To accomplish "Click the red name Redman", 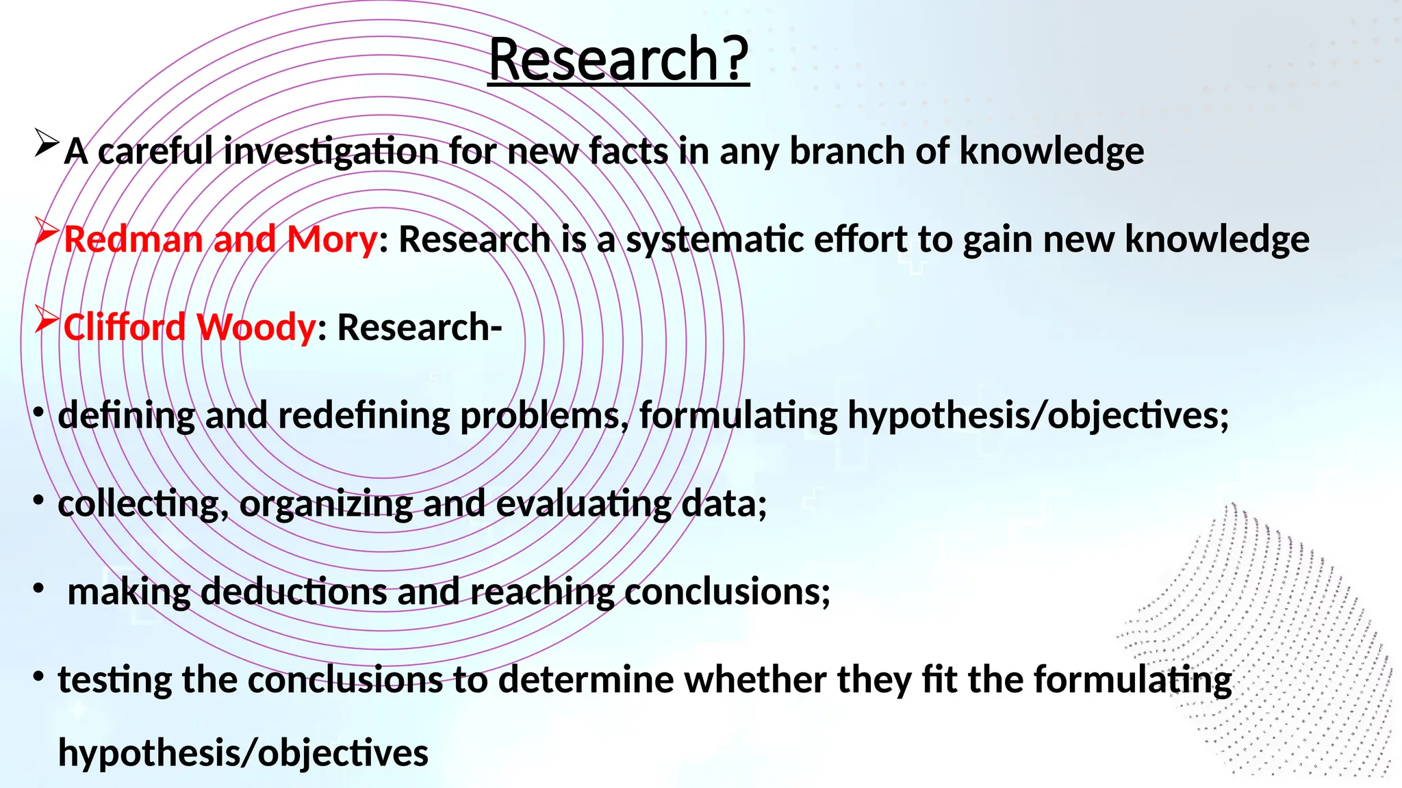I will (133, 239).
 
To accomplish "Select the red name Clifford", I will (124, 327).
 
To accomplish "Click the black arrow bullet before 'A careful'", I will (47, 143).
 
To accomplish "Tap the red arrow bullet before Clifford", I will (47, 319).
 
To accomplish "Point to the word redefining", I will (364, 416).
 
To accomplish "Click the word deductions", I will (294, 592).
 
